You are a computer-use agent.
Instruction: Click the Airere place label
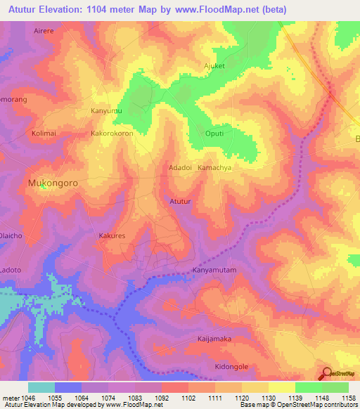tap(44, 32)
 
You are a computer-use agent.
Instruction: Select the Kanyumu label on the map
tap(106, 111)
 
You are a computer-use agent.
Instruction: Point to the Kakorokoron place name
tap(112, 133)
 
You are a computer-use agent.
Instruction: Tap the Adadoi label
tap(181, 168)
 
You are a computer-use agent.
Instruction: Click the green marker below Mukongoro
tap(44, 186)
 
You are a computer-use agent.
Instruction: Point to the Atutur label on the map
tap(181, 202)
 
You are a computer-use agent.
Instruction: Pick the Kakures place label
tap(112, 236)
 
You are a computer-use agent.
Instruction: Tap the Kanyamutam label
tap(216, 270)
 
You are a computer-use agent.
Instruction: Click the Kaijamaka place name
tap(214, 339)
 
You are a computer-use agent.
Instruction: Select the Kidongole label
tap(231, 368)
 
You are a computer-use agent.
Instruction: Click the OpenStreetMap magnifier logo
tap(327, 373)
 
